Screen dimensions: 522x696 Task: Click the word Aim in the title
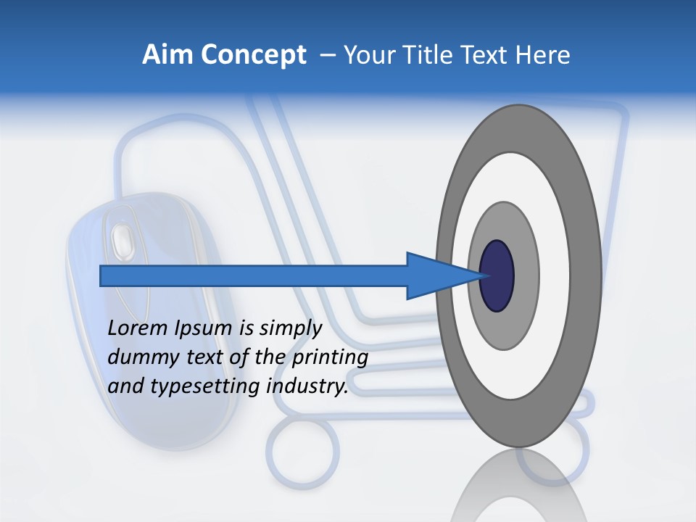(x=165, y=55)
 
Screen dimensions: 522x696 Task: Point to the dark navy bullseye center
(x=497, y=276)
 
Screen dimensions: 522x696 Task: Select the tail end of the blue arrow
(x=102, y=276)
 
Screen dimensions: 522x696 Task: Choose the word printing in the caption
(x=331, y=357)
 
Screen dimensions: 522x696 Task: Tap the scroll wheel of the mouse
(x=122, y=239)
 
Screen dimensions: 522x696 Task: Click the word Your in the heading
(x=367, y=55)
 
